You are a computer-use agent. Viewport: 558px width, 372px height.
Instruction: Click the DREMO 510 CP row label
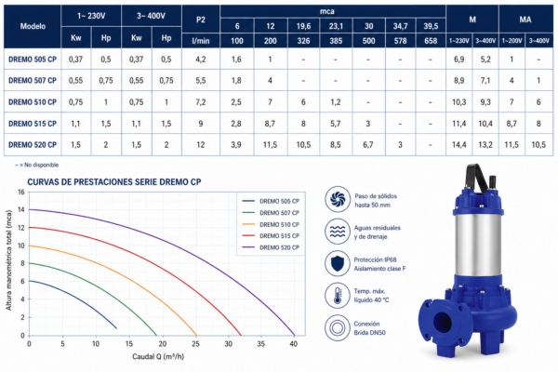coord(33,102)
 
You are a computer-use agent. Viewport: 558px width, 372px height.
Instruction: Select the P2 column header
coord(201,20)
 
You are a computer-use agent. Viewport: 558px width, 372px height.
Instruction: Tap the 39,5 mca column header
coord(431,26)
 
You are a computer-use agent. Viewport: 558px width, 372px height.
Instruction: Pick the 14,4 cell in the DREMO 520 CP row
coord(459,145)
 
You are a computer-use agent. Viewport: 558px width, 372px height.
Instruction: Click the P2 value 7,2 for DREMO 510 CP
coord(201,102)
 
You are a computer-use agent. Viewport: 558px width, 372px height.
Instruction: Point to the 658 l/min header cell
coord(431,41)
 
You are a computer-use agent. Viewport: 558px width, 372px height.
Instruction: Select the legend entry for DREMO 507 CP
coord(271,213)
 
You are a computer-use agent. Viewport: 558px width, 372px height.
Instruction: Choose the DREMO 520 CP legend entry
coord(271,247)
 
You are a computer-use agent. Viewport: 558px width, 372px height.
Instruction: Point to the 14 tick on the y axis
coord(21,209)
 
